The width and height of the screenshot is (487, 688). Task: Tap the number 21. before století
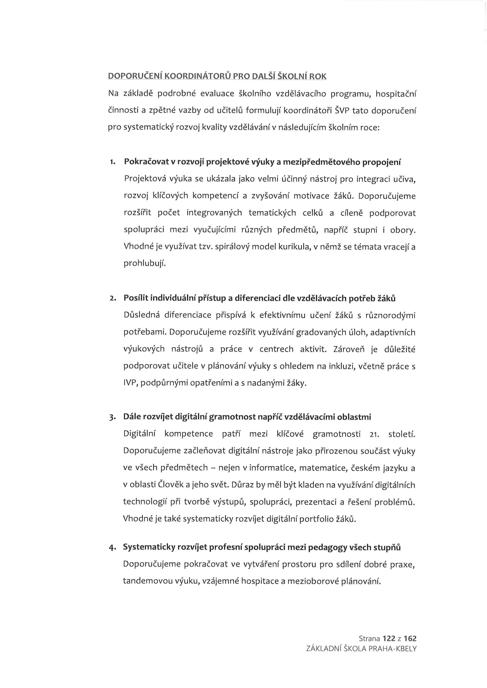(x=374, y=434)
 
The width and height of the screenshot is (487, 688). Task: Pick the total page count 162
(x=410, y=639)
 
